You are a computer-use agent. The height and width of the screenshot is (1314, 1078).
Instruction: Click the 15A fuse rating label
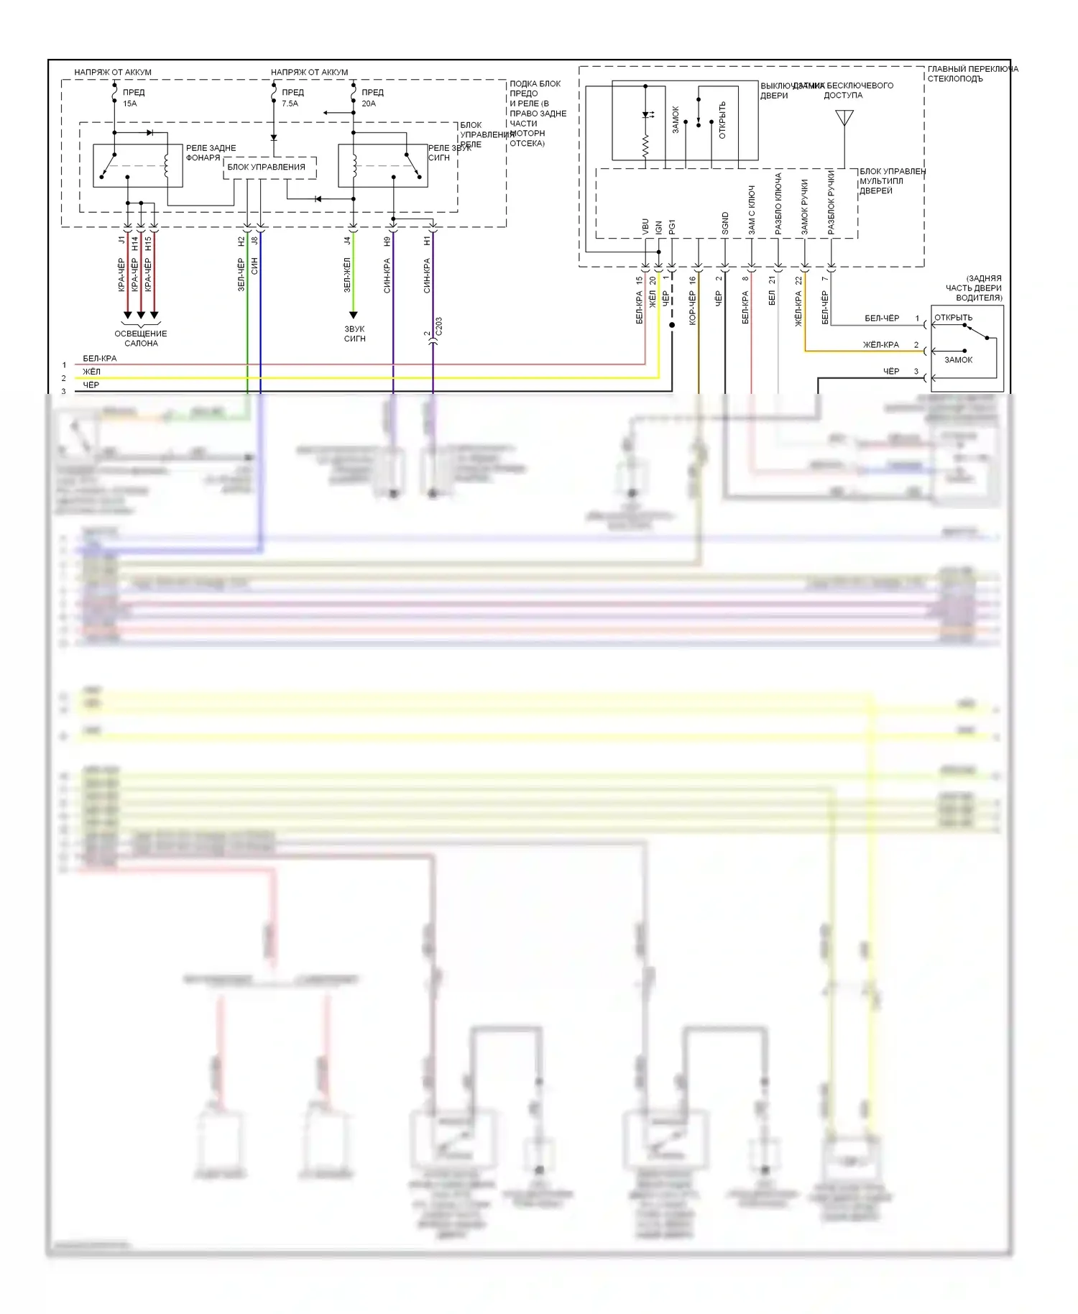pyautogui.click(x=129, y=104)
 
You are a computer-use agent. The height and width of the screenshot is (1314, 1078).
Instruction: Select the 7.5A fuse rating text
pyautogui.click(x=290, y=104)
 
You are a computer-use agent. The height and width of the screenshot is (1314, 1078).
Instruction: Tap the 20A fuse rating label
pyautogui.click(x=369, y=104)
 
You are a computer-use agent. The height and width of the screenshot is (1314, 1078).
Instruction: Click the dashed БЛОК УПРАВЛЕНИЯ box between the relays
pyautogui.click(x=267, y=167)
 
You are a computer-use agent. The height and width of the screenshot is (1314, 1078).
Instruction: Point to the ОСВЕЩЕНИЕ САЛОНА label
pyautogui.click(x=141, y=339)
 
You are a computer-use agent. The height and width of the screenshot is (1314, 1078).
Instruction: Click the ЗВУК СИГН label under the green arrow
pyautogui.click(x=354, y=334)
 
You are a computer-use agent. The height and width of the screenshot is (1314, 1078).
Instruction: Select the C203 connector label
pyautogui.click(x=439, y=326)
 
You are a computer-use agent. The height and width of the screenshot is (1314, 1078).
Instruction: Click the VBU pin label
pyautogui.click(x=645, y=226)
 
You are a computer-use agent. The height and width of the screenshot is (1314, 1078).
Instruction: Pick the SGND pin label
pyautogui.click(x=725, y=224)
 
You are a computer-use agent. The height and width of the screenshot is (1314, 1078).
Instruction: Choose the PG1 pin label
pyautogui.click(x=672, y=226)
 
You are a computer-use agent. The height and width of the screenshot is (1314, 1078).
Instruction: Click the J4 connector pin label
pyautogui.click(x=347, y=241)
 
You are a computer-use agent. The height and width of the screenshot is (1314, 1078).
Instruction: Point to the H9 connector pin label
pyautogui.click(x=387, y=241)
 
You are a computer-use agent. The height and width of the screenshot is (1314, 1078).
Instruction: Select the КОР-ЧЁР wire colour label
pyautogui.click(x=692, y=308)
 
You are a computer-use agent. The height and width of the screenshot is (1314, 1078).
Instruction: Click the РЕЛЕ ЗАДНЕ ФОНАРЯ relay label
pyautogui.click(x=211, y=152)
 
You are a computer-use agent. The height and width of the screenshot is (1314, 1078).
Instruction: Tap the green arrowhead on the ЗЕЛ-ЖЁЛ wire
pyautogui.click(x=353, y=315)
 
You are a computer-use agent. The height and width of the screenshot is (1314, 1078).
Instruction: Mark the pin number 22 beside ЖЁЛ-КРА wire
pyautogui.click(x=798, y=281)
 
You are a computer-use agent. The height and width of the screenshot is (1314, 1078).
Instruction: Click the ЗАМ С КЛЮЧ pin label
pyautogui.click(x=752, y=210)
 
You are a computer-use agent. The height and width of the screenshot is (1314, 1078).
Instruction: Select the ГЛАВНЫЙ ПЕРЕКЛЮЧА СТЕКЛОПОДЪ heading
pyautogui.click(x=972, y=73)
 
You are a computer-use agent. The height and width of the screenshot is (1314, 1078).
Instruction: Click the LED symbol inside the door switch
pyautogui.click(x=647, y=114)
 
